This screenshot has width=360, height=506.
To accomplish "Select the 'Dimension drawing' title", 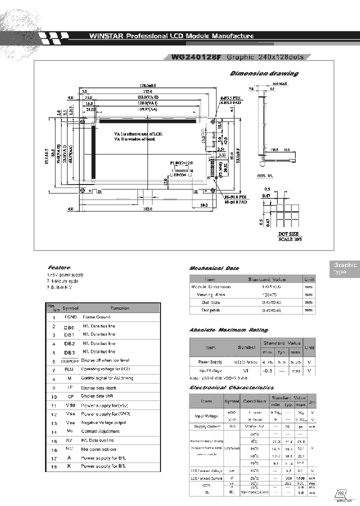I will click(x=264, y=73).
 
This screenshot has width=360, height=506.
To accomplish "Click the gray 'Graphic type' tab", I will click(x=344, y=268).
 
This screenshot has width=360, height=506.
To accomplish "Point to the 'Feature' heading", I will click(x=59, y=267).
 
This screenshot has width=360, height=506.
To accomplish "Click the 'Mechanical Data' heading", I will click(x=214, y=268).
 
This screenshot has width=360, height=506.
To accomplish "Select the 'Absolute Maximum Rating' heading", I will click(x=228, y=330).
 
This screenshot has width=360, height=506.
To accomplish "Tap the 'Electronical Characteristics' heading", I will click(x=231, y=387).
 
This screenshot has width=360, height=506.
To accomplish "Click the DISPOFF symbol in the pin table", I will click(x=70, y=360).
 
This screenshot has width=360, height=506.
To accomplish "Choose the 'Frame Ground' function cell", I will click(x=96, y=317).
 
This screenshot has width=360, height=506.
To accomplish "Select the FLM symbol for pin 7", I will click(x=70, y=369).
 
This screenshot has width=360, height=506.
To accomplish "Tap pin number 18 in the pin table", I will click(x=53, y=466).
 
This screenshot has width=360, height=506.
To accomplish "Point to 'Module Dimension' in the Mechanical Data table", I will click(x=211, y=287).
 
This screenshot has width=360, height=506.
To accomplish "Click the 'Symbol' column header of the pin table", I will click(x=70, y=308).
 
